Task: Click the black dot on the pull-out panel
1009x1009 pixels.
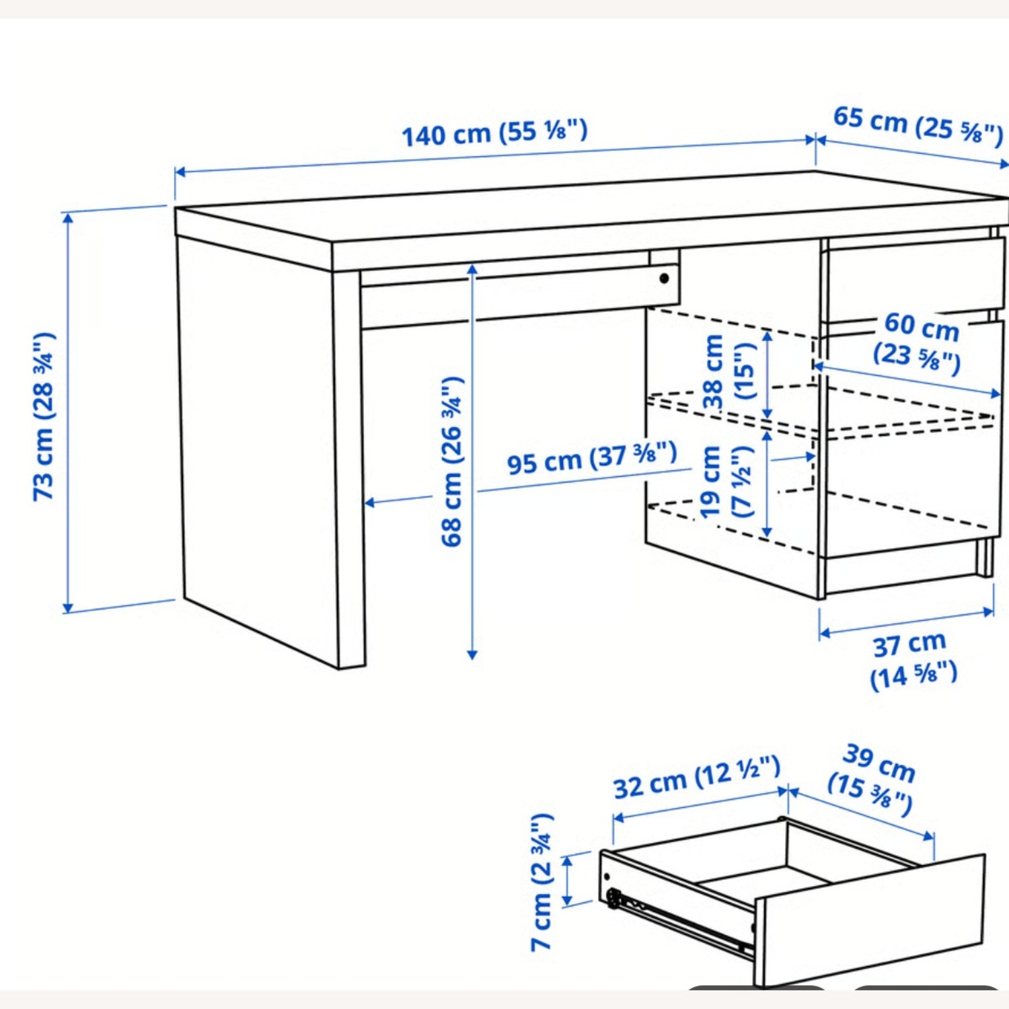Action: pyautogui.click(x=664, y=278)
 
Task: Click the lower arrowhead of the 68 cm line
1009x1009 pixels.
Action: pyautogui.click(x=472, y=655)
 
